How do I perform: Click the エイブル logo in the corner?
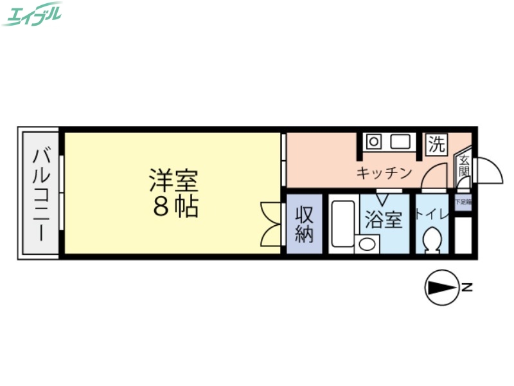[x=32, y=14]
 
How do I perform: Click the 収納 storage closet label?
[x=304, y=224]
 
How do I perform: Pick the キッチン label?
[x=384, y=172]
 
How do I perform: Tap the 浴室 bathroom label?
[x=384, y=220]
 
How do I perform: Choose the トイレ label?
[x=431, y=214]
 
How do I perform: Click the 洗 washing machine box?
[x=436, y=144]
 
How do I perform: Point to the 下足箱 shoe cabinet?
[x=463, y=202]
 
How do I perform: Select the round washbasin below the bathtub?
[x=366, y=244]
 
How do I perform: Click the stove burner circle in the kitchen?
[x=374, y=141]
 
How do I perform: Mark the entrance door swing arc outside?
[x=488, y=170]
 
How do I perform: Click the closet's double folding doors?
[x=272, y=224]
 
